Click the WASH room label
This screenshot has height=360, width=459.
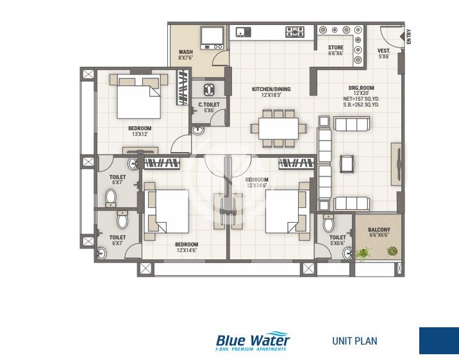(x=185, y=53)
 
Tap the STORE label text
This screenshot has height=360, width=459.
(x=335, y=47)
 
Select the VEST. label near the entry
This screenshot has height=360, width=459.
(x=383, y=51)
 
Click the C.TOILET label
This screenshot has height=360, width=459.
(x=209, y=104)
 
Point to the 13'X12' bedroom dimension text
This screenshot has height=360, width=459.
(x=139, y=134)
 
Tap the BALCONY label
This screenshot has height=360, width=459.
(x=378, y=230)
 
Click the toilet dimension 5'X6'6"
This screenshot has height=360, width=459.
(x=337, y=243)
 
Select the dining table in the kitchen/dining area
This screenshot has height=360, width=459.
(x=278, y=126)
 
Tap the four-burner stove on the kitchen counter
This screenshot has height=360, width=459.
(x=294, y=31)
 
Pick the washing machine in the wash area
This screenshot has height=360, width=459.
(x=212, y=38)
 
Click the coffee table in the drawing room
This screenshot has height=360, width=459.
(x=347, y=164)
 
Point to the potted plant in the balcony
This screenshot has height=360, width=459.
(x=363, y=254)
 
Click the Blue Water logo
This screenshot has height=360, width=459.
(x=253, y=341)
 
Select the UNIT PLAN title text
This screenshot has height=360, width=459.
(x=355, y=341)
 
